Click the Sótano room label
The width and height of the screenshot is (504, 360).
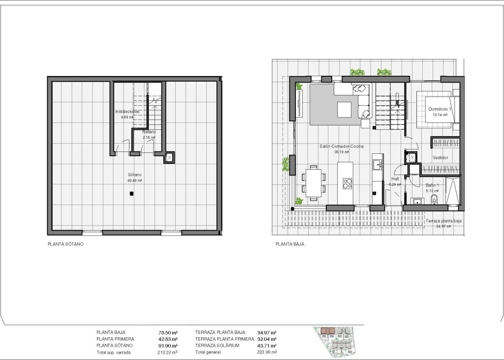click(134, 175)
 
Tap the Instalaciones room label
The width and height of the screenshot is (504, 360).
click(127, 112)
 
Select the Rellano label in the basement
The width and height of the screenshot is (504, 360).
click(149, 132)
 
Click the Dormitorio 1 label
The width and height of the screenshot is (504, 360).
click(440, 109)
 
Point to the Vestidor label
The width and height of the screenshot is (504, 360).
click(440, 158)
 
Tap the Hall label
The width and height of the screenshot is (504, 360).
click(395, 180)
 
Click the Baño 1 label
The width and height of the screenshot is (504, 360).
click(433, 185)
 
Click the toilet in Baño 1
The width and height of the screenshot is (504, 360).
click(434, 199)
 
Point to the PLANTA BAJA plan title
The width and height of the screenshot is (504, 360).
click(289, 243)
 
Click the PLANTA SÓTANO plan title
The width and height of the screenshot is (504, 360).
click(65, 243)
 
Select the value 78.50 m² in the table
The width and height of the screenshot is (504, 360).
click(168, 332)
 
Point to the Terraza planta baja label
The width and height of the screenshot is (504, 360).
click(444, 221)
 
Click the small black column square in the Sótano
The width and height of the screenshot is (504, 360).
click(131, 194)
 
